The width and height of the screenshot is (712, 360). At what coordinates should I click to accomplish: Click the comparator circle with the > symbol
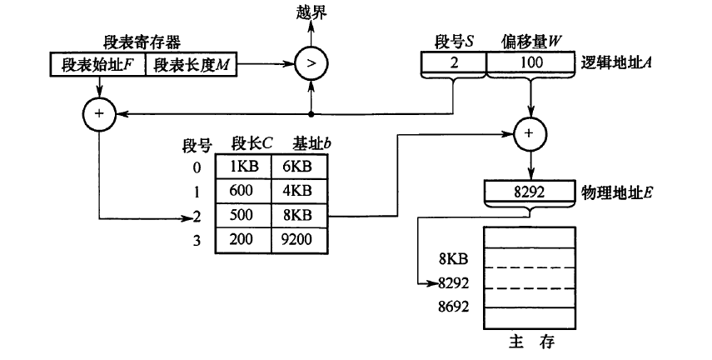(x=311, y=63)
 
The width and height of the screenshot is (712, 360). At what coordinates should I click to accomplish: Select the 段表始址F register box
(x=98, y=64)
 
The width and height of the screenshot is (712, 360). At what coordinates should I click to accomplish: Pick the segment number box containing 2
(x=453, y=63)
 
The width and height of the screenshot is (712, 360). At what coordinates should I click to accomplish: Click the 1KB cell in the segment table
(x=243, y=167)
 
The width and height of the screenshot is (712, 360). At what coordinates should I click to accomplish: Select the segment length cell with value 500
(x=243, y=215)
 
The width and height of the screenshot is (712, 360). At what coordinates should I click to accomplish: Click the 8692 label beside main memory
(x=455, y=306)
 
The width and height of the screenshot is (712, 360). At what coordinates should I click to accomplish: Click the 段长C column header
(x=251, y=142)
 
